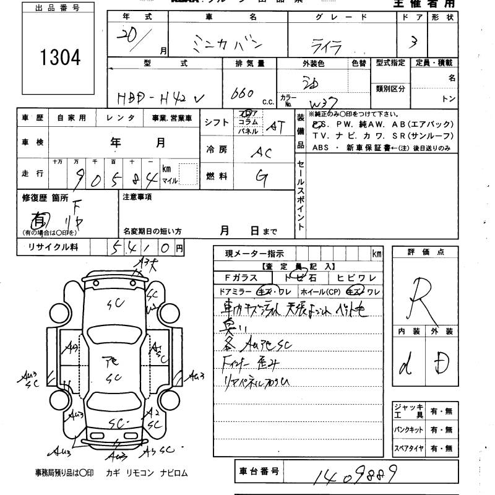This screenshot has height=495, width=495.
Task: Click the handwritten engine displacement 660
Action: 241,93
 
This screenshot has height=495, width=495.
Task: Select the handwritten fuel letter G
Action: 262,178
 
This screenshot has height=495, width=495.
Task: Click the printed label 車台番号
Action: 259,472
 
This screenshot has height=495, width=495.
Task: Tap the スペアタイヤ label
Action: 409,447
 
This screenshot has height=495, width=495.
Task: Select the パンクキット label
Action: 409,429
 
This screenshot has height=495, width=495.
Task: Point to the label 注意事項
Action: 137,197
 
